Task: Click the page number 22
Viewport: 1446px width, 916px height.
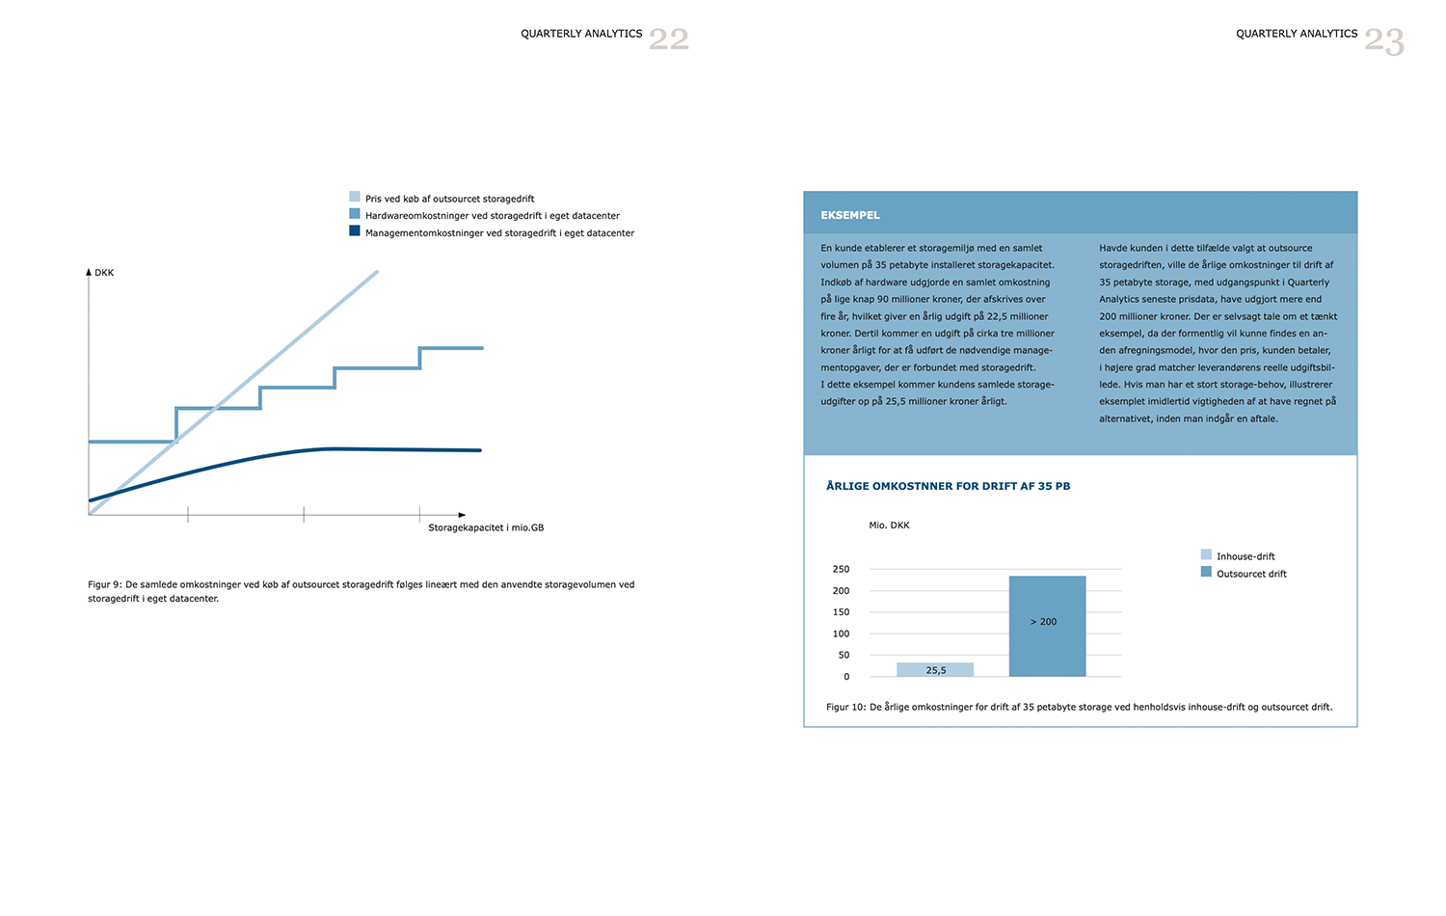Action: (x=668, y=40)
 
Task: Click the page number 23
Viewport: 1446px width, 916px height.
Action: (x=1383, y=41)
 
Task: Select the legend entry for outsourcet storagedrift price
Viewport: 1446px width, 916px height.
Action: (x=449, y=199)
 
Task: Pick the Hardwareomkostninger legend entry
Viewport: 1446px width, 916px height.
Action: (x=492, y=216)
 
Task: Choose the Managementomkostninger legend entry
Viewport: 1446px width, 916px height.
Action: (x=499, y=233)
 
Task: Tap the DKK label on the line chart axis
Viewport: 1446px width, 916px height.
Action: (x=104, y=273)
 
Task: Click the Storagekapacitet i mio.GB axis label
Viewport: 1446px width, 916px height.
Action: (x=486, y=527)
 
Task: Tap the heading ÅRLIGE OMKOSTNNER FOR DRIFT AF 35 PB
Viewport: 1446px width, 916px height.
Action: (x=948, y=486)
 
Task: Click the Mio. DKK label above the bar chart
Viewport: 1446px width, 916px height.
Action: (x=889, y=525)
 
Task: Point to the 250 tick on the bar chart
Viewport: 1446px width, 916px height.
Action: (x=841, y=570)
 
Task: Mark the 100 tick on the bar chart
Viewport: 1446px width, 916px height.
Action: (x=841, y=633)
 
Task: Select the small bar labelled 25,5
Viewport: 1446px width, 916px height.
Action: (x=934, y=669)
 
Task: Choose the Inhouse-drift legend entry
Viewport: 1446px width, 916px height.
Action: (x=1245, y=556)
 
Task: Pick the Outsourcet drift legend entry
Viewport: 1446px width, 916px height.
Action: (x=1250, y=574)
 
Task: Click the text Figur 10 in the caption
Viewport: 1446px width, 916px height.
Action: (x=845, y=707)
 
